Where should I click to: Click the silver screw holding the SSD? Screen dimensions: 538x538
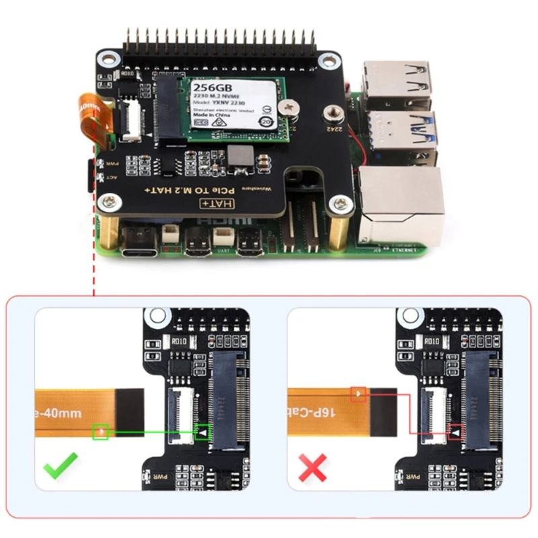290,106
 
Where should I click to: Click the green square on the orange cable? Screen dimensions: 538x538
101,430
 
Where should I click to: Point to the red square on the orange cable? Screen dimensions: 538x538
358,393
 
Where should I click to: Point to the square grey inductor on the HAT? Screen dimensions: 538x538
239,158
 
